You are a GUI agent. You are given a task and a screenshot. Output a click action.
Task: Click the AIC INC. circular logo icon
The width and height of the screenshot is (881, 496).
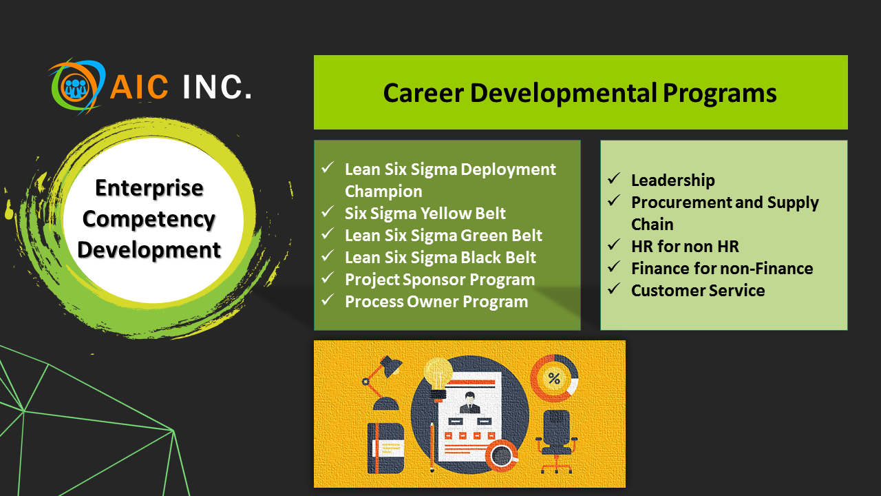76,87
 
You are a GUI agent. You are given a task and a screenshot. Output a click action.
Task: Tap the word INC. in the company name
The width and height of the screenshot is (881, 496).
217,87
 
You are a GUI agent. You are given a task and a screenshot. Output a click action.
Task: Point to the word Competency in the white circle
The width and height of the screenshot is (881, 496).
149,220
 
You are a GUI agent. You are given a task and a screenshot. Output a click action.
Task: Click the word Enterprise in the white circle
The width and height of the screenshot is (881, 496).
149,188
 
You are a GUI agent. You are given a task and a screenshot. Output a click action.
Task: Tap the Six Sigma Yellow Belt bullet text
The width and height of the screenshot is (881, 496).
425,214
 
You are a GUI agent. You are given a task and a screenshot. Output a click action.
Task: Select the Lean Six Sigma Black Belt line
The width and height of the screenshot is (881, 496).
440,258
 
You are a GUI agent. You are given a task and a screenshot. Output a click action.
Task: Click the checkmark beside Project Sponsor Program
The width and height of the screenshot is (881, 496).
328,278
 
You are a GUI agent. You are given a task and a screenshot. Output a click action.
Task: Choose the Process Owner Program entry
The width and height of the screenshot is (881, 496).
436,302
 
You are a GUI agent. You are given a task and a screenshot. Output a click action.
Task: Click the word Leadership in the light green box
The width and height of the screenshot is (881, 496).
673,180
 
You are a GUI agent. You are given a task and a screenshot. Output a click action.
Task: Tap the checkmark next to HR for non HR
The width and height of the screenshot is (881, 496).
614,245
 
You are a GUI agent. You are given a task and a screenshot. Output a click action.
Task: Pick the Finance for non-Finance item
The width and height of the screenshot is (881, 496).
722,269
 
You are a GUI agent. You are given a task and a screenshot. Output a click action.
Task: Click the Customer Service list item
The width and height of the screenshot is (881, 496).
698,291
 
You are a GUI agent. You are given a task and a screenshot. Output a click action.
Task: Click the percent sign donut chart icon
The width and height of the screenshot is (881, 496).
554,379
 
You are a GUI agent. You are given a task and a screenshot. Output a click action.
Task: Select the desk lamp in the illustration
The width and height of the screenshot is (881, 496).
381,383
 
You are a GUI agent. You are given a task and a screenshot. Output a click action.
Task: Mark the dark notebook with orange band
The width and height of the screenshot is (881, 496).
386,448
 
